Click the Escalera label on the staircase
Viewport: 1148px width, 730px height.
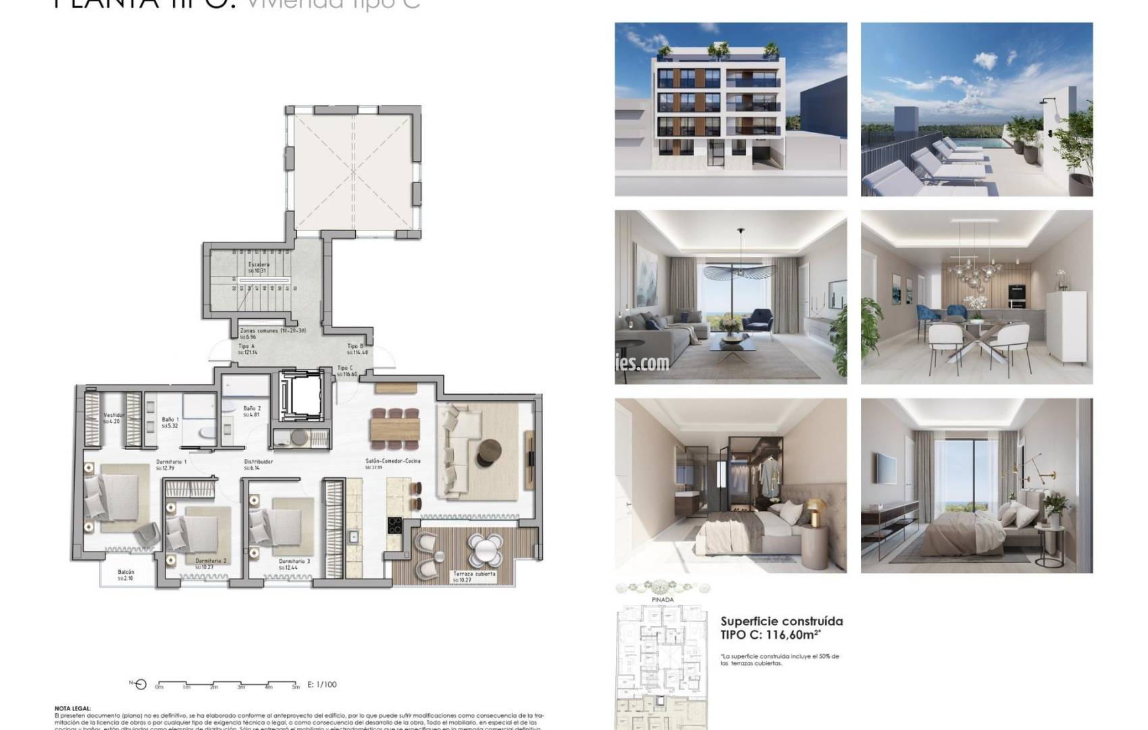click(x=259, y=264)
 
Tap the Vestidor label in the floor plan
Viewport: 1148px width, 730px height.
click(x=114, y=415)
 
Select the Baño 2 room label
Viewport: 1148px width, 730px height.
click(x=252, y=408)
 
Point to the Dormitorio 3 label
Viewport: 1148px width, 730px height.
click(x=294, y=561)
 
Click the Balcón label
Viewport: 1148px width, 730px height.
click(x=126, y=572)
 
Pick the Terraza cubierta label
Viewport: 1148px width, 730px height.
click(x=474, y=574)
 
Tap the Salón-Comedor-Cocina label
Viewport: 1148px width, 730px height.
click(x=393, y=461)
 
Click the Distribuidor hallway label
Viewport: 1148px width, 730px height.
click(x=259, y=462)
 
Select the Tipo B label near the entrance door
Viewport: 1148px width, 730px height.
click(x=356, y=346)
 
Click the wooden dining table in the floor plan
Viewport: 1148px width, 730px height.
click(x=394, y=429)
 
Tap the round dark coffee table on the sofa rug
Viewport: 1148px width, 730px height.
click(x=490, y=453)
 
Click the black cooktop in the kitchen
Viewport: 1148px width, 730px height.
click(x=394, y=525)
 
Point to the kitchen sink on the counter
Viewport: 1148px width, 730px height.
click(x=353, y=537)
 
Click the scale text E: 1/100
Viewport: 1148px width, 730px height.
click(x=322, y=684)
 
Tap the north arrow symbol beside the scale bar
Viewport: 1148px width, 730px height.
click(x=139, y=684)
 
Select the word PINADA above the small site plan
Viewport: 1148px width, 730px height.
click(x=662, y=600)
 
